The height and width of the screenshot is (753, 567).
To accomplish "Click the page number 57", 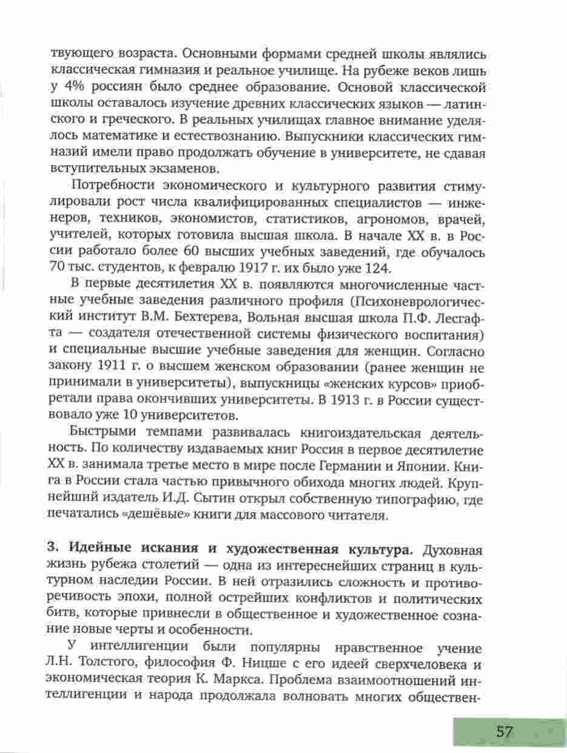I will (x=504, y=731).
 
